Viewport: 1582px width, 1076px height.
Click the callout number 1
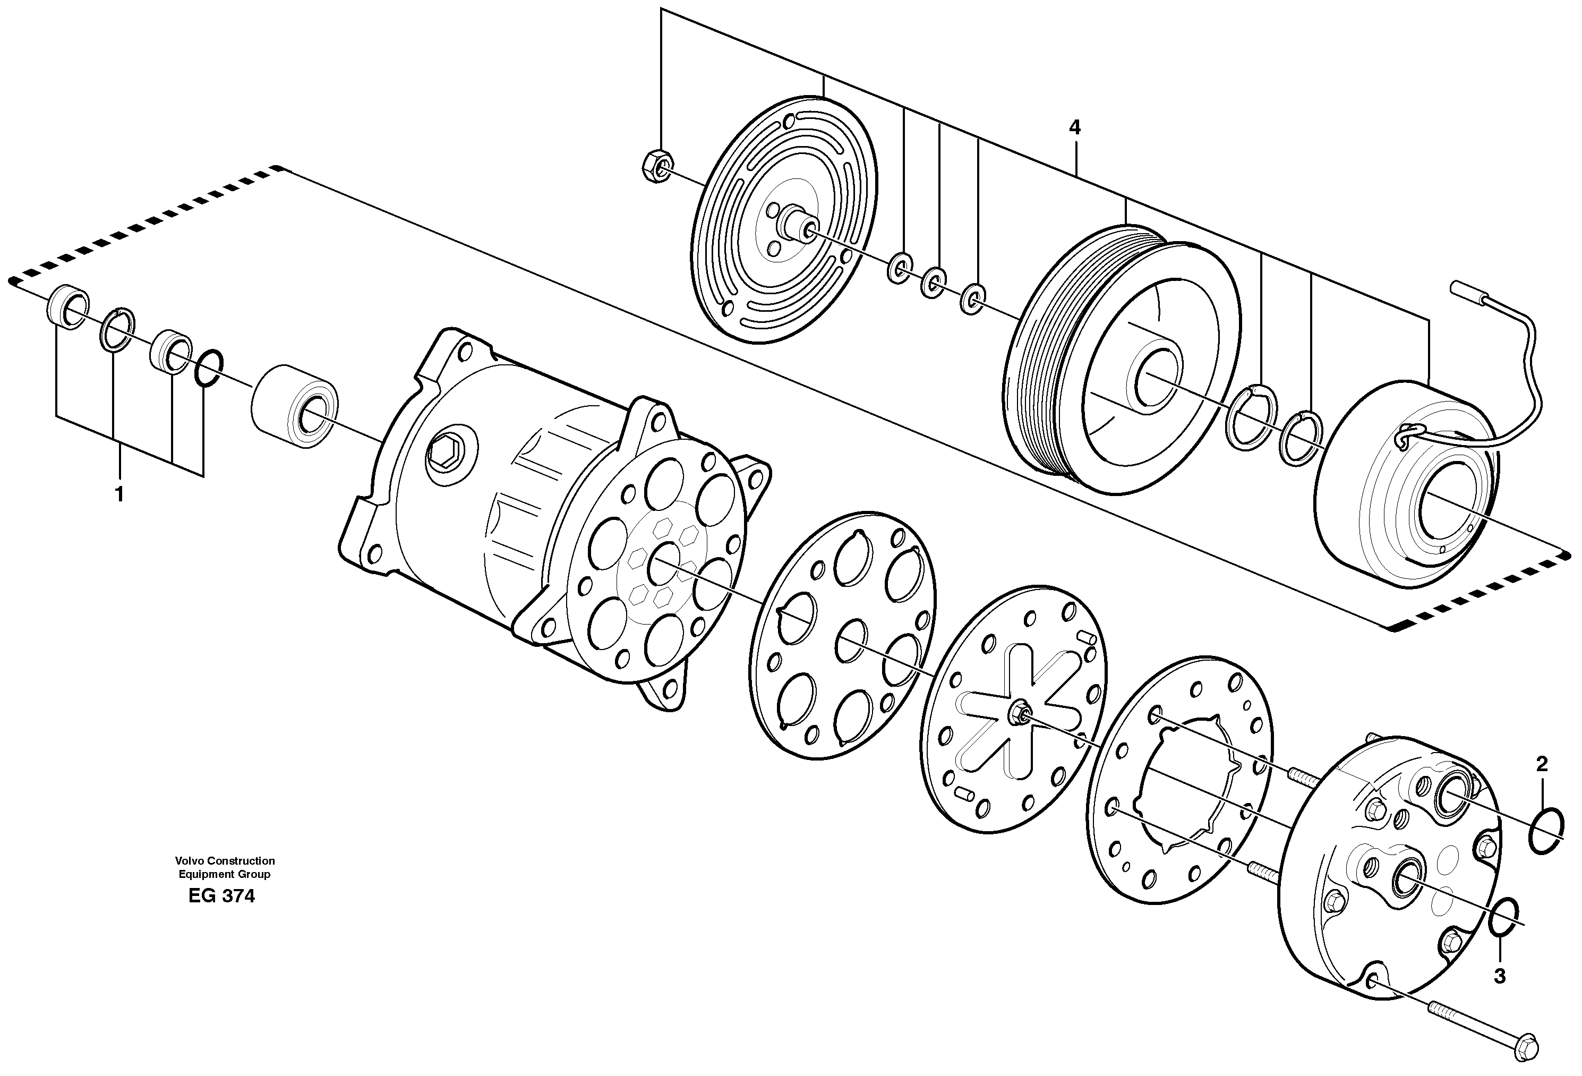pyautogui.click(x=120, y=495)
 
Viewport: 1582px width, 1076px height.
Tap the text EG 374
pyautogui.click(x=222, y=896)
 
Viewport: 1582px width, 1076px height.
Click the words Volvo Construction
pyautogui.click(x=225, y=861)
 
